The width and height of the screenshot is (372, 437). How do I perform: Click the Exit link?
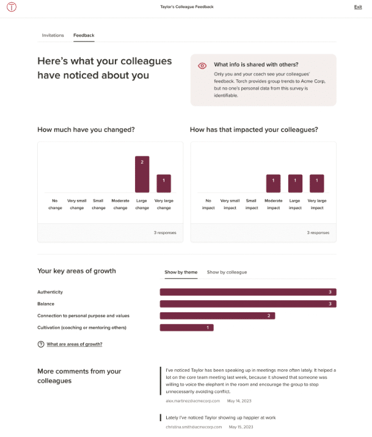click(x=357, y=7)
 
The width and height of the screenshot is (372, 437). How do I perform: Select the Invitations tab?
click(x=53, y=35)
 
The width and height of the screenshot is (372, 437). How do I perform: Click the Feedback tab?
click(x=84, y=35)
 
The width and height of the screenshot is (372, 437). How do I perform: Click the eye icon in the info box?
click(x=202, y=65)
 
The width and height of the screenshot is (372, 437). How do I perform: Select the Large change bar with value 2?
click(x=142, y=174)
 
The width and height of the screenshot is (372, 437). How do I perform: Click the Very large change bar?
click(x=164, y=183)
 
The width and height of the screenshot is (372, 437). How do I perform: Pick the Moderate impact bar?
click(x=273, y=183)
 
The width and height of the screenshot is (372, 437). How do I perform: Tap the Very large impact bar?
click(x=316, y=183)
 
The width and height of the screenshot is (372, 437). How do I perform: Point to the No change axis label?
click(x=55, y=204)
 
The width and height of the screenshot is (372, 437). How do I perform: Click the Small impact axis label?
click(x=251, y=204)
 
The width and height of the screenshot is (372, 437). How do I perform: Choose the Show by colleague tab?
click(x=227, y=272)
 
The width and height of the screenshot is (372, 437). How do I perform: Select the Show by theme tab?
click(x=181, y=272)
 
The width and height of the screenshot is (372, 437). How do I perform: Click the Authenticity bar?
click(x=248, y=292)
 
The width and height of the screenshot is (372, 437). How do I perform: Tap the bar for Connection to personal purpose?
click(x=217, y=316)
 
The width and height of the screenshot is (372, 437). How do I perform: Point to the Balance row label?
click(x=46, y=304)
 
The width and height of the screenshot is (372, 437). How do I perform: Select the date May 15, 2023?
click(x=240, y=427)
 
